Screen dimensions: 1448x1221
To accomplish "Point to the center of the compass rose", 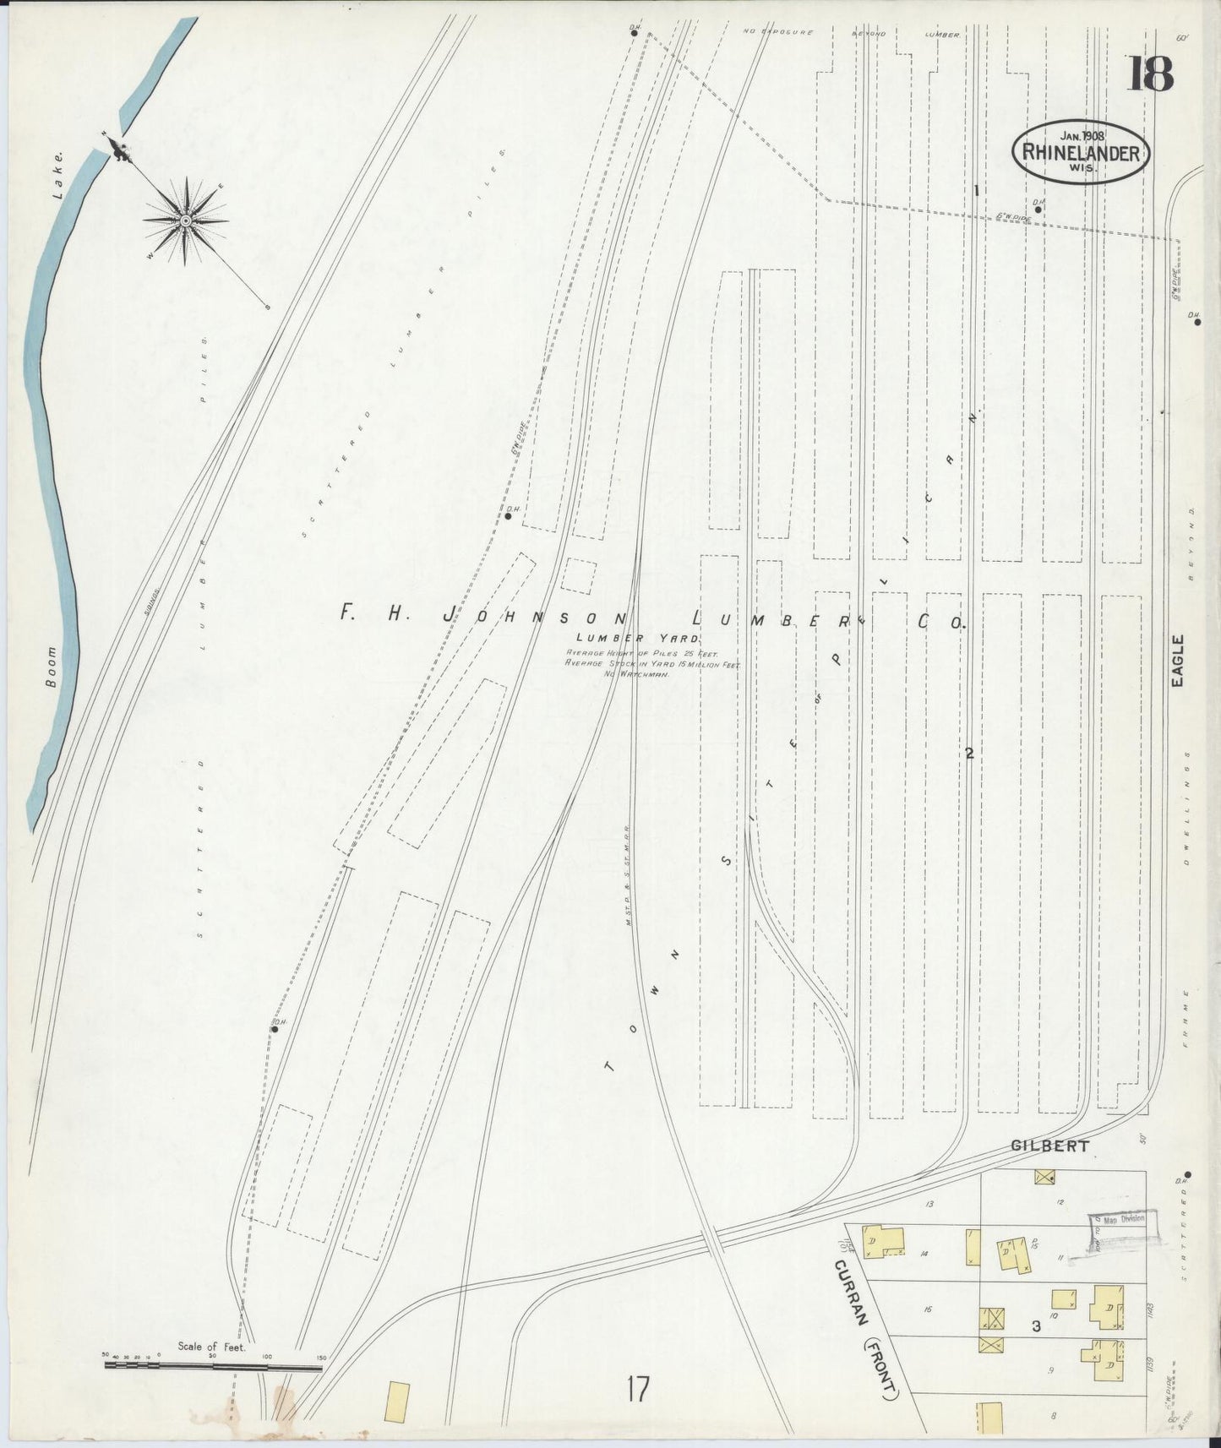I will coord(185,221).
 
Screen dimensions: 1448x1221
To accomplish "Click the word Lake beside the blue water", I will coord(58,175).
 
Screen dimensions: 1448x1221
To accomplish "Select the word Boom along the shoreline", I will coord(52,667).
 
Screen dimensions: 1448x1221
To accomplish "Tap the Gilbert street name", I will coord(1049,1146).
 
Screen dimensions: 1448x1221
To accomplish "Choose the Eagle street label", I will coord(1178,661).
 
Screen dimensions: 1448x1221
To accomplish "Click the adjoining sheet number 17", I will coord(638,1390).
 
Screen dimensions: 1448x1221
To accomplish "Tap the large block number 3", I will coord(1035,1326).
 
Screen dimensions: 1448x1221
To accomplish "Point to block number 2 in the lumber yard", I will coord(970,754).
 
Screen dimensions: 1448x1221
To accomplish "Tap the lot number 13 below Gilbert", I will coord(929,1203).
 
